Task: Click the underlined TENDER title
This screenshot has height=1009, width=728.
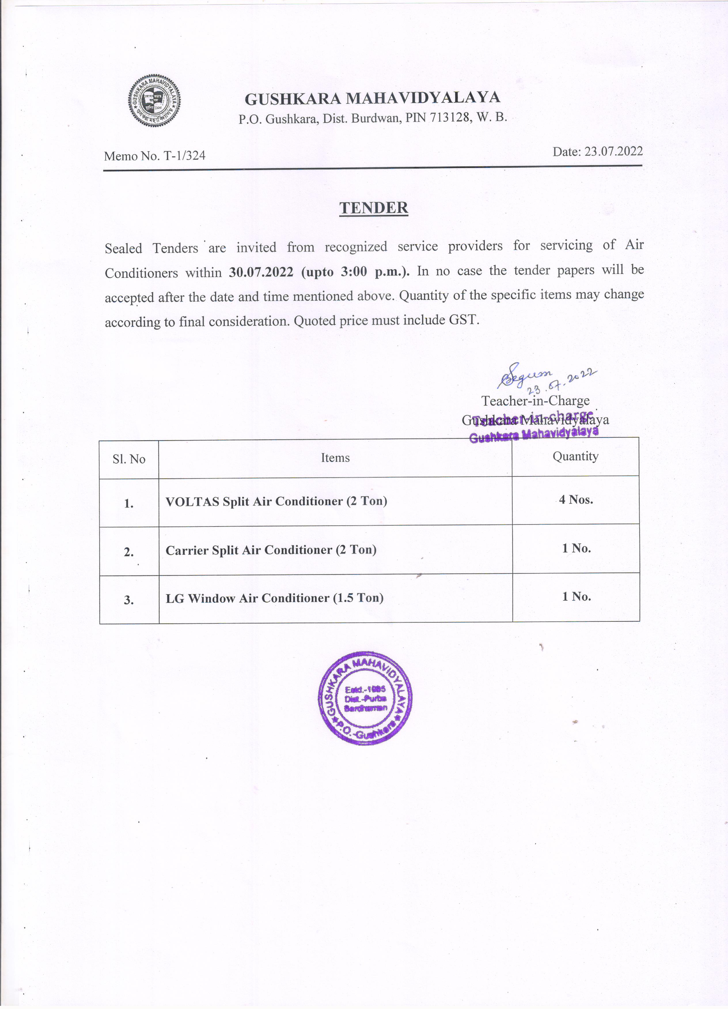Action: (374, 208)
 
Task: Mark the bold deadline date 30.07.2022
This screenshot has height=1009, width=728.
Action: (261, 272)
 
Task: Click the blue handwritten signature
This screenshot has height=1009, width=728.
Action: (525, 375)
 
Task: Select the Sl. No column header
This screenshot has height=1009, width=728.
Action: (129, 459)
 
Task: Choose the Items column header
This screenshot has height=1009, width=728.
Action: (335, 458)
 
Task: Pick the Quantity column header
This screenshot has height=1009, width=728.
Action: (575, 456)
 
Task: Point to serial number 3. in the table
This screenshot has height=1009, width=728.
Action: (129, 600)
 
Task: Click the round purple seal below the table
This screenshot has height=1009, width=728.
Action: (365, 698)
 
